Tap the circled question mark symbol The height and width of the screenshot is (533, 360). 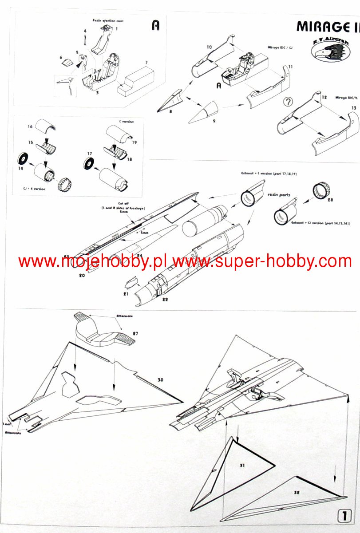(x=289, y=102)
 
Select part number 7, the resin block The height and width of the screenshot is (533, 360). (x=146, y=63)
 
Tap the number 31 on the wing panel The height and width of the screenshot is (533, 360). (x=242, y=466)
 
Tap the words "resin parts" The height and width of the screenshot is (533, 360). (x=279, y=194)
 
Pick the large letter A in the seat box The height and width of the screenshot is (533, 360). (x=155, y=25)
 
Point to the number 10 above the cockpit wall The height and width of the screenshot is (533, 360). (x=209, y=47)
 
